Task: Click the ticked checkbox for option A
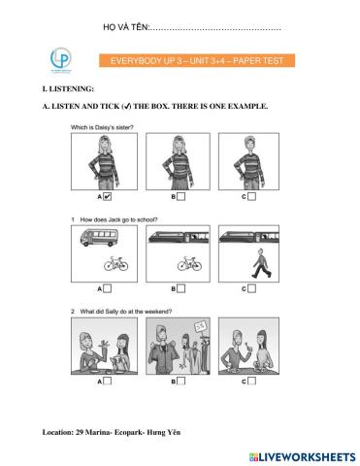point(107,196)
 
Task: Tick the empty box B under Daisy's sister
point(181,196)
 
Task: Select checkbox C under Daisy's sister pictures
point(251,196)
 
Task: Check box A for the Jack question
point(107,288)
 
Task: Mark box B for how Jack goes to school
point(181,288)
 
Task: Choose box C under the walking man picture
point(251,288)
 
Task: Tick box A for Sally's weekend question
point(107,381)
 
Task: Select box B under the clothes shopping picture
point(181,381)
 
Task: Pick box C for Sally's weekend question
point(251,381)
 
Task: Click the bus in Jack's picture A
point(99,238)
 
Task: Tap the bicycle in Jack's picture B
point(189,264)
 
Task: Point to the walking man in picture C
point(261,263)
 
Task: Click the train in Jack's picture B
point(179,237)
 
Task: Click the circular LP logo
point(61,58)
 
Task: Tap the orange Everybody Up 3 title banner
point(197,60)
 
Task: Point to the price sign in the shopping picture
point(200,327)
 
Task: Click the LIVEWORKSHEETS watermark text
point(303,456)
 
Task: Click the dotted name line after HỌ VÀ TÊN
point(215,29)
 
